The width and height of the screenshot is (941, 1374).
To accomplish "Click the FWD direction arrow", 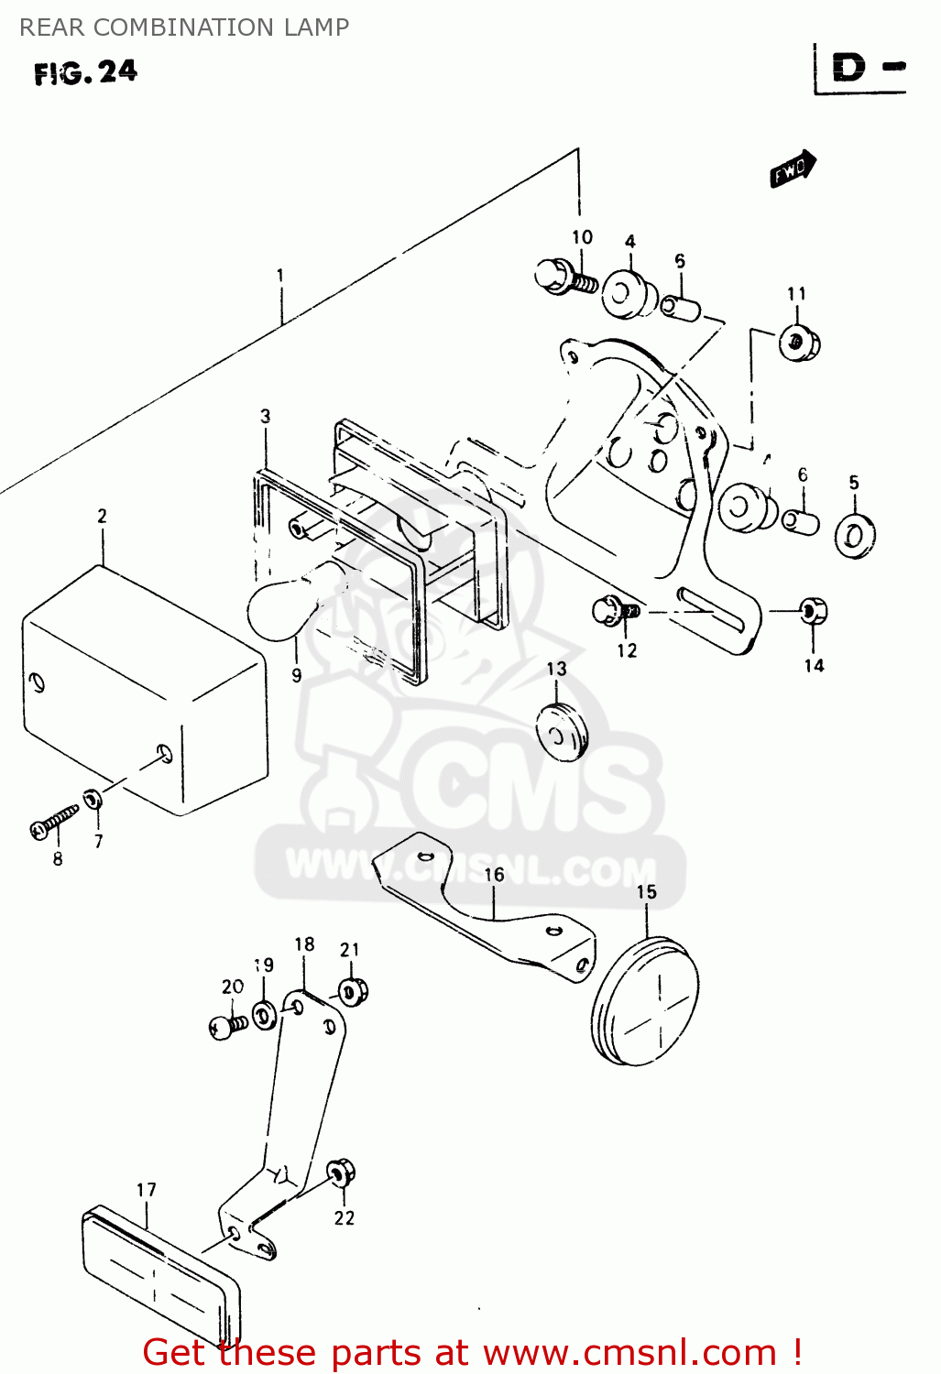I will pos(793,169).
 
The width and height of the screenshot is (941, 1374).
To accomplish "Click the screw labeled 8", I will pos(54,821).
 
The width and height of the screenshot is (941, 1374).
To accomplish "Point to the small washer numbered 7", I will pos(93,800).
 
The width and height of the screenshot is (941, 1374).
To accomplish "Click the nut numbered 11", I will pos(799,343).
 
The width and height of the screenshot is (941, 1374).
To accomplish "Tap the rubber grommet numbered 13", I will pos(561,731).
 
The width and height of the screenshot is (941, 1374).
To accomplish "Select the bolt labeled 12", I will pos(615,611).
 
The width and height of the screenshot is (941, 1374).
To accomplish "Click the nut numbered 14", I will pos(813,611).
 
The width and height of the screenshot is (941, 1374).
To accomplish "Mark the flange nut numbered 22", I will pos(341,1173).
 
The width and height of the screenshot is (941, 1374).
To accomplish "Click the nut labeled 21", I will pos(352,991).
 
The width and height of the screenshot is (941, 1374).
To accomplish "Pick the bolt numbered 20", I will pos(226,1026).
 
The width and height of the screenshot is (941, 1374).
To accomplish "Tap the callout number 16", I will pos(494,875).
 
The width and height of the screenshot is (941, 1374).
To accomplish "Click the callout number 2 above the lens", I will pos(102,517).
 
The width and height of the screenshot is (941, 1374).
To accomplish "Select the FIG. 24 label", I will pos(85,72).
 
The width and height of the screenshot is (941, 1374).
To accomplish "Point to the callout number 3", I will pos(265,417).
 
